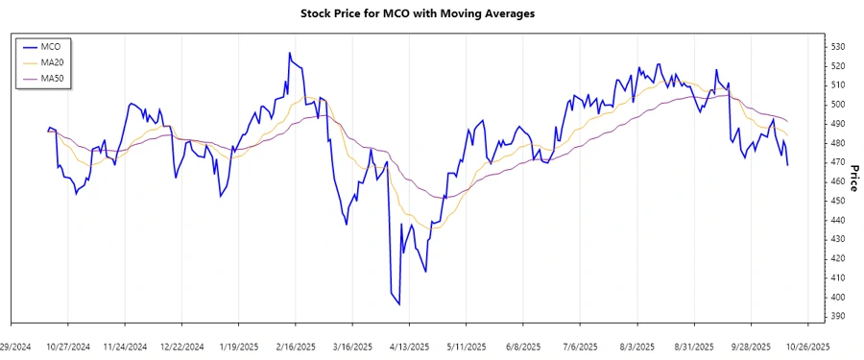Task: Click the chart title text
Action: (431, 13)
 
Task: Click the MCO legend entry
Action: (52, 46)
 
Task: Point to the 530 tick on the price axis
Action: (837, 46)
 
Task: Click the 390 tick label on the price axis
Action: (837, 316)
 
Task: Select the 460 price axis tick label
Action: (837, 181)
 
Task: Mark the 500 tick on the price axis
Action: (837, 105)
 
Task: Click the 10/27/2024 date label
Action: (69, 347)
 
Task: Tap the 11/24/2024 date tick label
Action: (126, 347)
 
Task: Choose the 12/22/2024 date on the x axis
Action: (182, 347)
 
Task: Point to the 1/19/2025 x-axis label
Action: (239, 347)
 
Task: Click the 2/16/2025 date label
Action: (296, 347)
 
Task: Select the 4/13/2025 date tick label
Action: (409, 347)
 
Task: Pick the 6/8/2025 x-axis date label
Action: (523, 347)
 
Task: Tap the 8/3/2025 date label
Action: (636, 347)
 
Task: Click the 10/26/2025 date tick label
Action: (806, 347)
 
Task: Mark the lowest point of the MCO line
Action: (399, 304)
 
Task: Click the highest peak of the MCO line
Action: (289, 53)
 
